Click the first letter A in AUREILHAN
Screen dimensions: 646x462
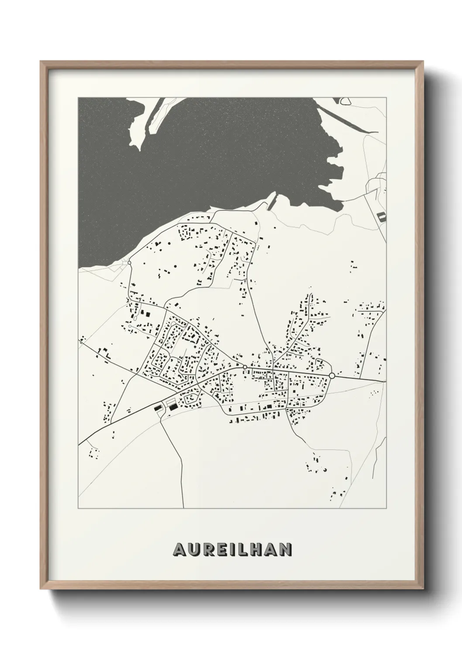click(180, 549)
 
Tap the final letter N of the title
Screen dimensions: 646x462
click(286, 549)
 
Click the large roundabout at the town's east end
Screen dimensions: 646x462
click(332, 375)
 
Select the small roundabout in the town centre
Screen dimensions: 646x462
click(245, 367)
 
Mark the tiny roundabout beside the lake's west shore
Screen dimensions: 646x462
click(129, 263)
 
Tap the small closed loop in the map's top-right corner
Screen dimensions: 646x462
click(345, 101)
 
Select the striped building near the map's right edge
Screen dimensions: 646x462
click(382, 216)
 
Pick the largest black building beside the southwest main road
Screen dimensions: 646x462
click(173, 407)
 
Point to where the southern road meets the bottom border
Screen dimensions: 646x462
click(183, 508)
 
